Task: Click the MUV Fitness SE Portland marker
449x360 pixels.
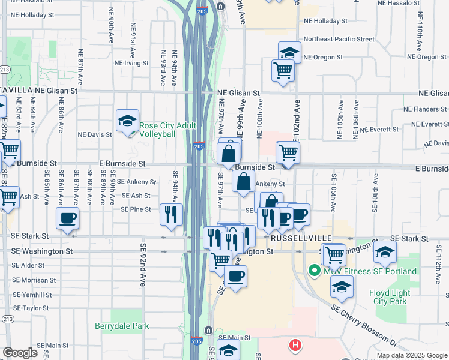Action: pos(313,271)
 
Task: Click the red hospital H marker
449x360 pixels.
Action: pos(295,345)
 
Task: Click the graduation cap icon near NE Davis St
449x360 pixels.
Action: pos(127,121)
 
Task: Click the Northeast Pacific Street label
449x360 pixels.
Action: pos(339,39)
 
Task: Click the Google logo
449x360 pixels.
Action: pos(20,353)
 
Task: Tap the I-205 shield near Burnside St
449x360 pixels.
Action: pos(200,146)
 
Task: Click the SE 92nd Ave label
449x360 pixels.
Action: pos(144,264)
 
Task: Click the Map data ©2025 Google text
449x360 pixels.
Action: pos(412,355)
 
